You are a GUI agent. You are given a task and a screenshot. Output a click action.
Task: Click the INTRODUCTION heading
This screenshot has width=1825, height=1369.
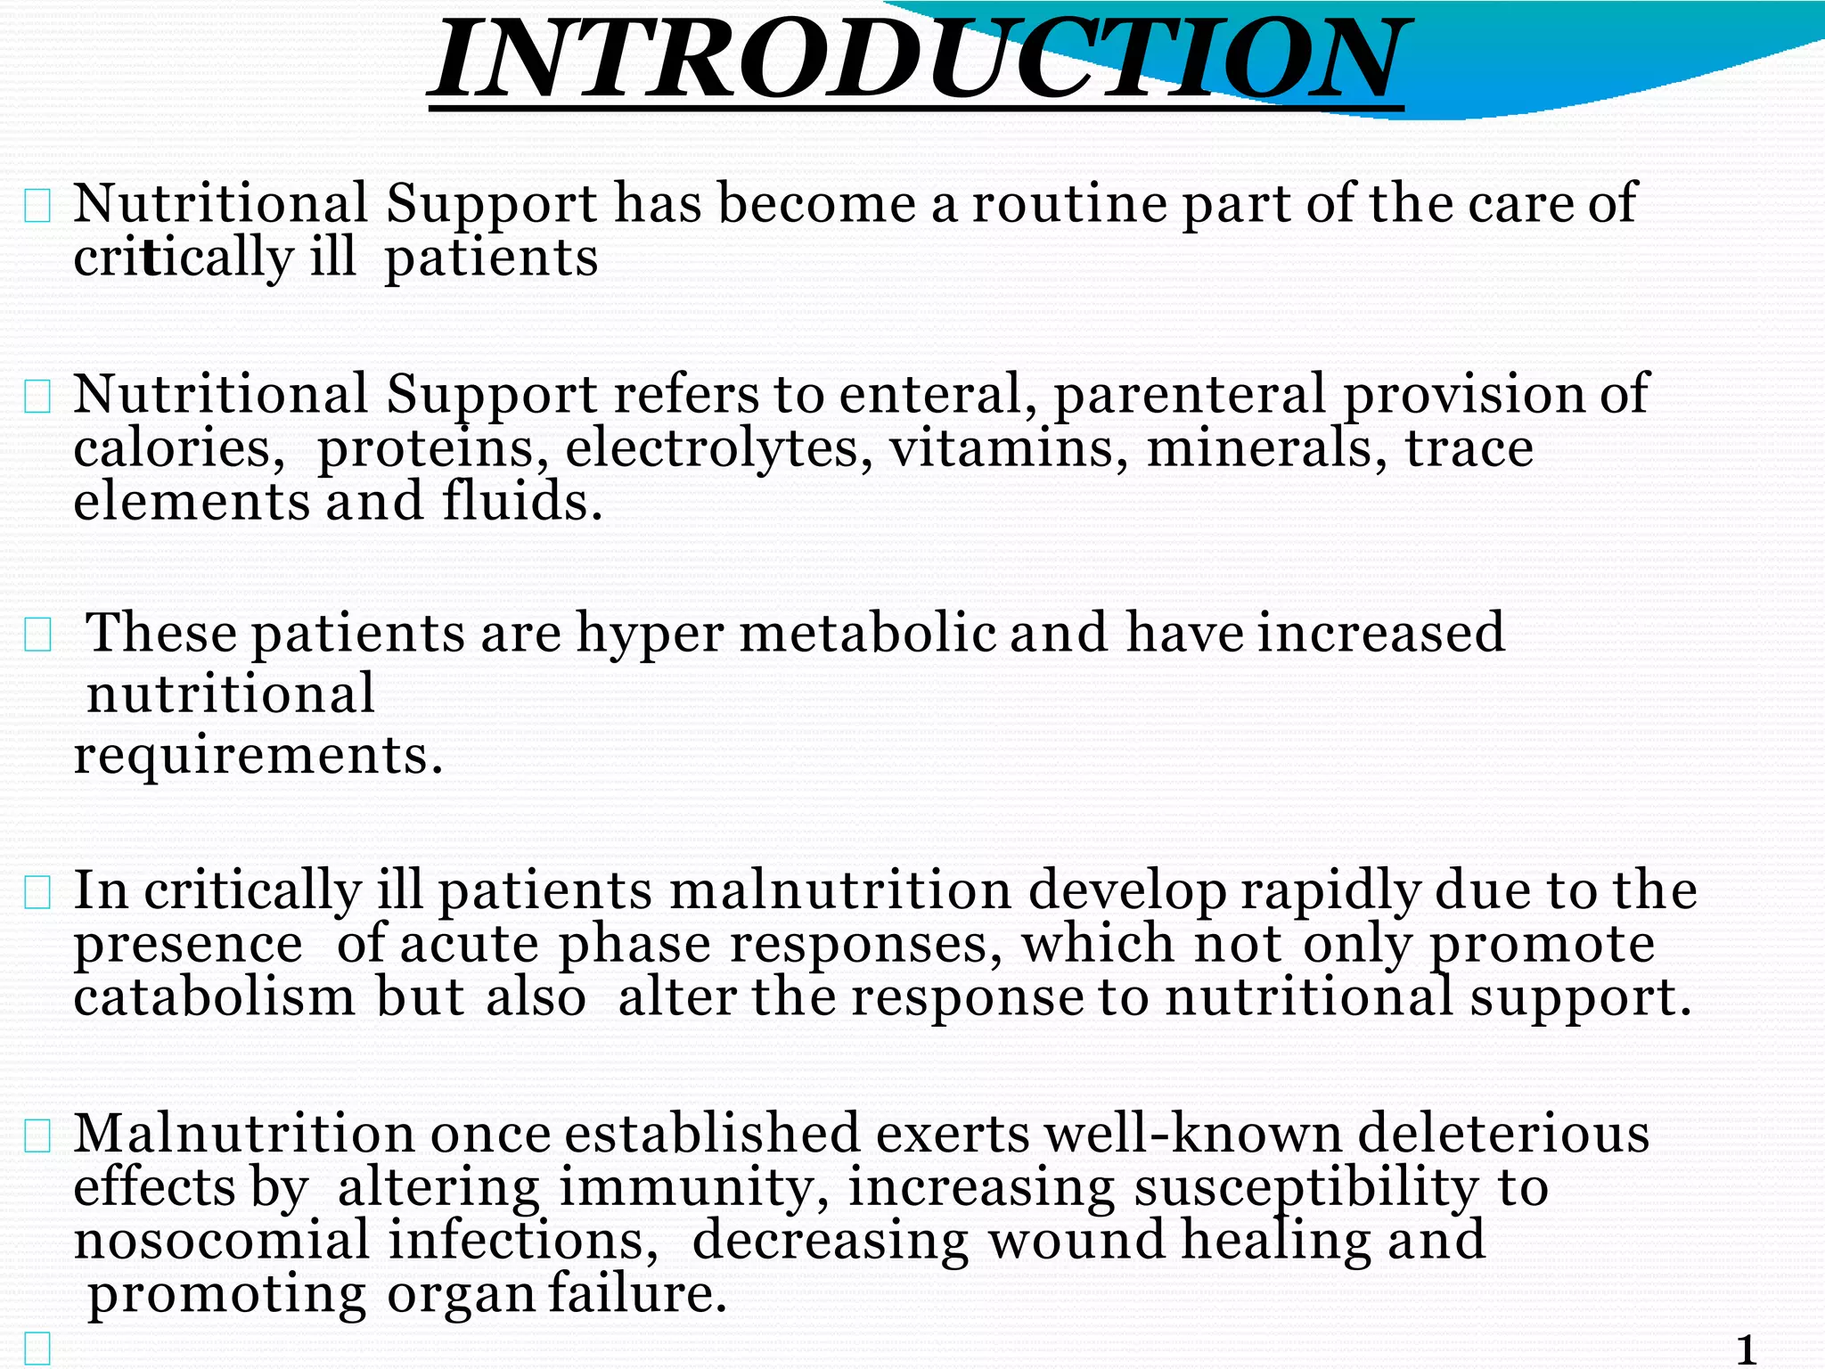click(x=916, y=61)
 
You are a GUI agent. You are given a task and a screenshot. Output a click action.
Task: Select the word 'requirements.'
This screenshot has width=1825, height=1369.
click(x=258, y=756)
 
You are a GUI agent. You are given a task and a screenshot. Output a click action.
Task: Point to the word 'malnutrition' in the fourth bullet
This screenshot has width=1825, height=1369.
click(x=839, y=890)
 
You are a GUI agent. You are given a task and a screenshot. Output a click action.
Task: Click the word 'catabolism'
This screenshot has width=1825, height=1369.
click(x=215, y=997)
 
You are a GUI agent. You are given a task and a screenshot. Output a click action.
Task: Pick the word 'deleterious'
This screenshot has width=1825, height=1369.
click(x=1503, y=1134)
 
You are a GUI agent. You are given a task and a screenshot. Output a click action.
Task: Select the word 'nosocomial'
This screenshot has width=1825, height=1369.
click(x=221, y=1241)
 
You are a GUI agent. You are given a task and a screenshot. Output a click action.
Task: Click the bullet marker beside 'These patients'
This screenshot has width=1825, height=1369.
click(x=37, y=635)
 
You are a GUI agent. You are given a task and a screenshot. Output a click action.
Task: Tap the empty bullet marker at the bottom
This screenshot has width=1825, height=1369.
click(x=37, y=1349)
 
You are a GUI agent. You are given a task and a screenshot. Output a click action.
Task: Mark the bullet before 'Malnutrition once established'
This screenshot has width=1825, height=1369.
click(x=37, y=1136)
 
